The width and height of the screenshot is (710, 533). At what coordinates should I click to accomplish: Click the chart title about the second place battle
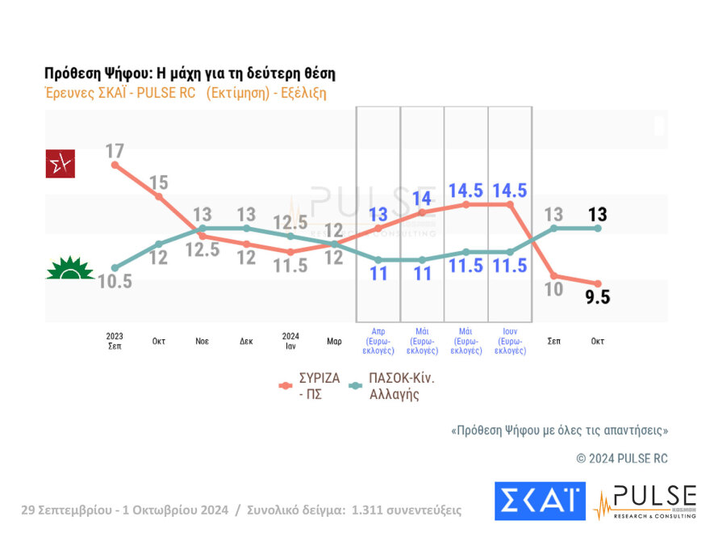[190, 73]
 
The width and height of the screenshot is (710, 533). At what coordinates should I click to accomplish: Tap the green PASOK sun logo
[70, 268]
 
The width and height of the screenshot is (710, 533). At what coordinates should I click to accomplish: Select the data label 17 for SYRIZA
[115, 151]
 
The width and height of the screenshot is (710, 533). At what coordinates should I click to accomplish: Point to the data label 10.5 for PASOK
[115, 282]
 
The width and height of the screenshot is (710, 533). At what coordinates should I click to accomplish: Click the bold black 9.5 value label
[597, 297]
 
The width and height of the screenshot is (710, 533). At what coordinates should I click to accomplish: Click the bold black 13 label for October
[597, 215]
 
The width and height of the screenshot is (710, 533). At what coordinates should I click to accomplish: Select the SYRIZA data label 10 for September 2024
[553, 290]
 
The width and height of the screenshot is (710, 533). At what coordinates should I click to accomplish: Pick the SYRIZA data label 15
[158, 182]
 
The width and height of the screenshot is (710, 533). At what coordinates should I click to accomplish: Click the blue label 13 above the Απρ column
[378, 215]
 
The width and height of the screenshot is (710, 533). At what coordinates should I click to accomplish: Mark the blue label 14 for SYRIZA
[423, 199]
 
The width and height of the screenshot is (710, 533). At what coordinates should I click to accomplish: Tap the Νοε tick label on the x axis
[202, 341]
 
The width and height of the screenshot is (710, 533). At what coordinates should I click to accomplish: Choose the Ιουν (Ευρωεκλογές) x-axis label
[509, 341]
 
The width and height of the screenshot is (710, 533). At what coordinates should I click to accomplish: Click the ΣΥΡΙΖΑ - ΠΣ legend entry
[311, 385]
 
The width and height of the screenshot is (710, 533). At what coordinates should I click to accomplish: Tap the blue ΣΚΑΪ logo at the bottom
[540, 501]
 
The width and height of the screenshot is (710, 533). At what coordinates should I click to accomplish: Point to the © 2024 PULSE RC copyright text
[621, 458]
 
